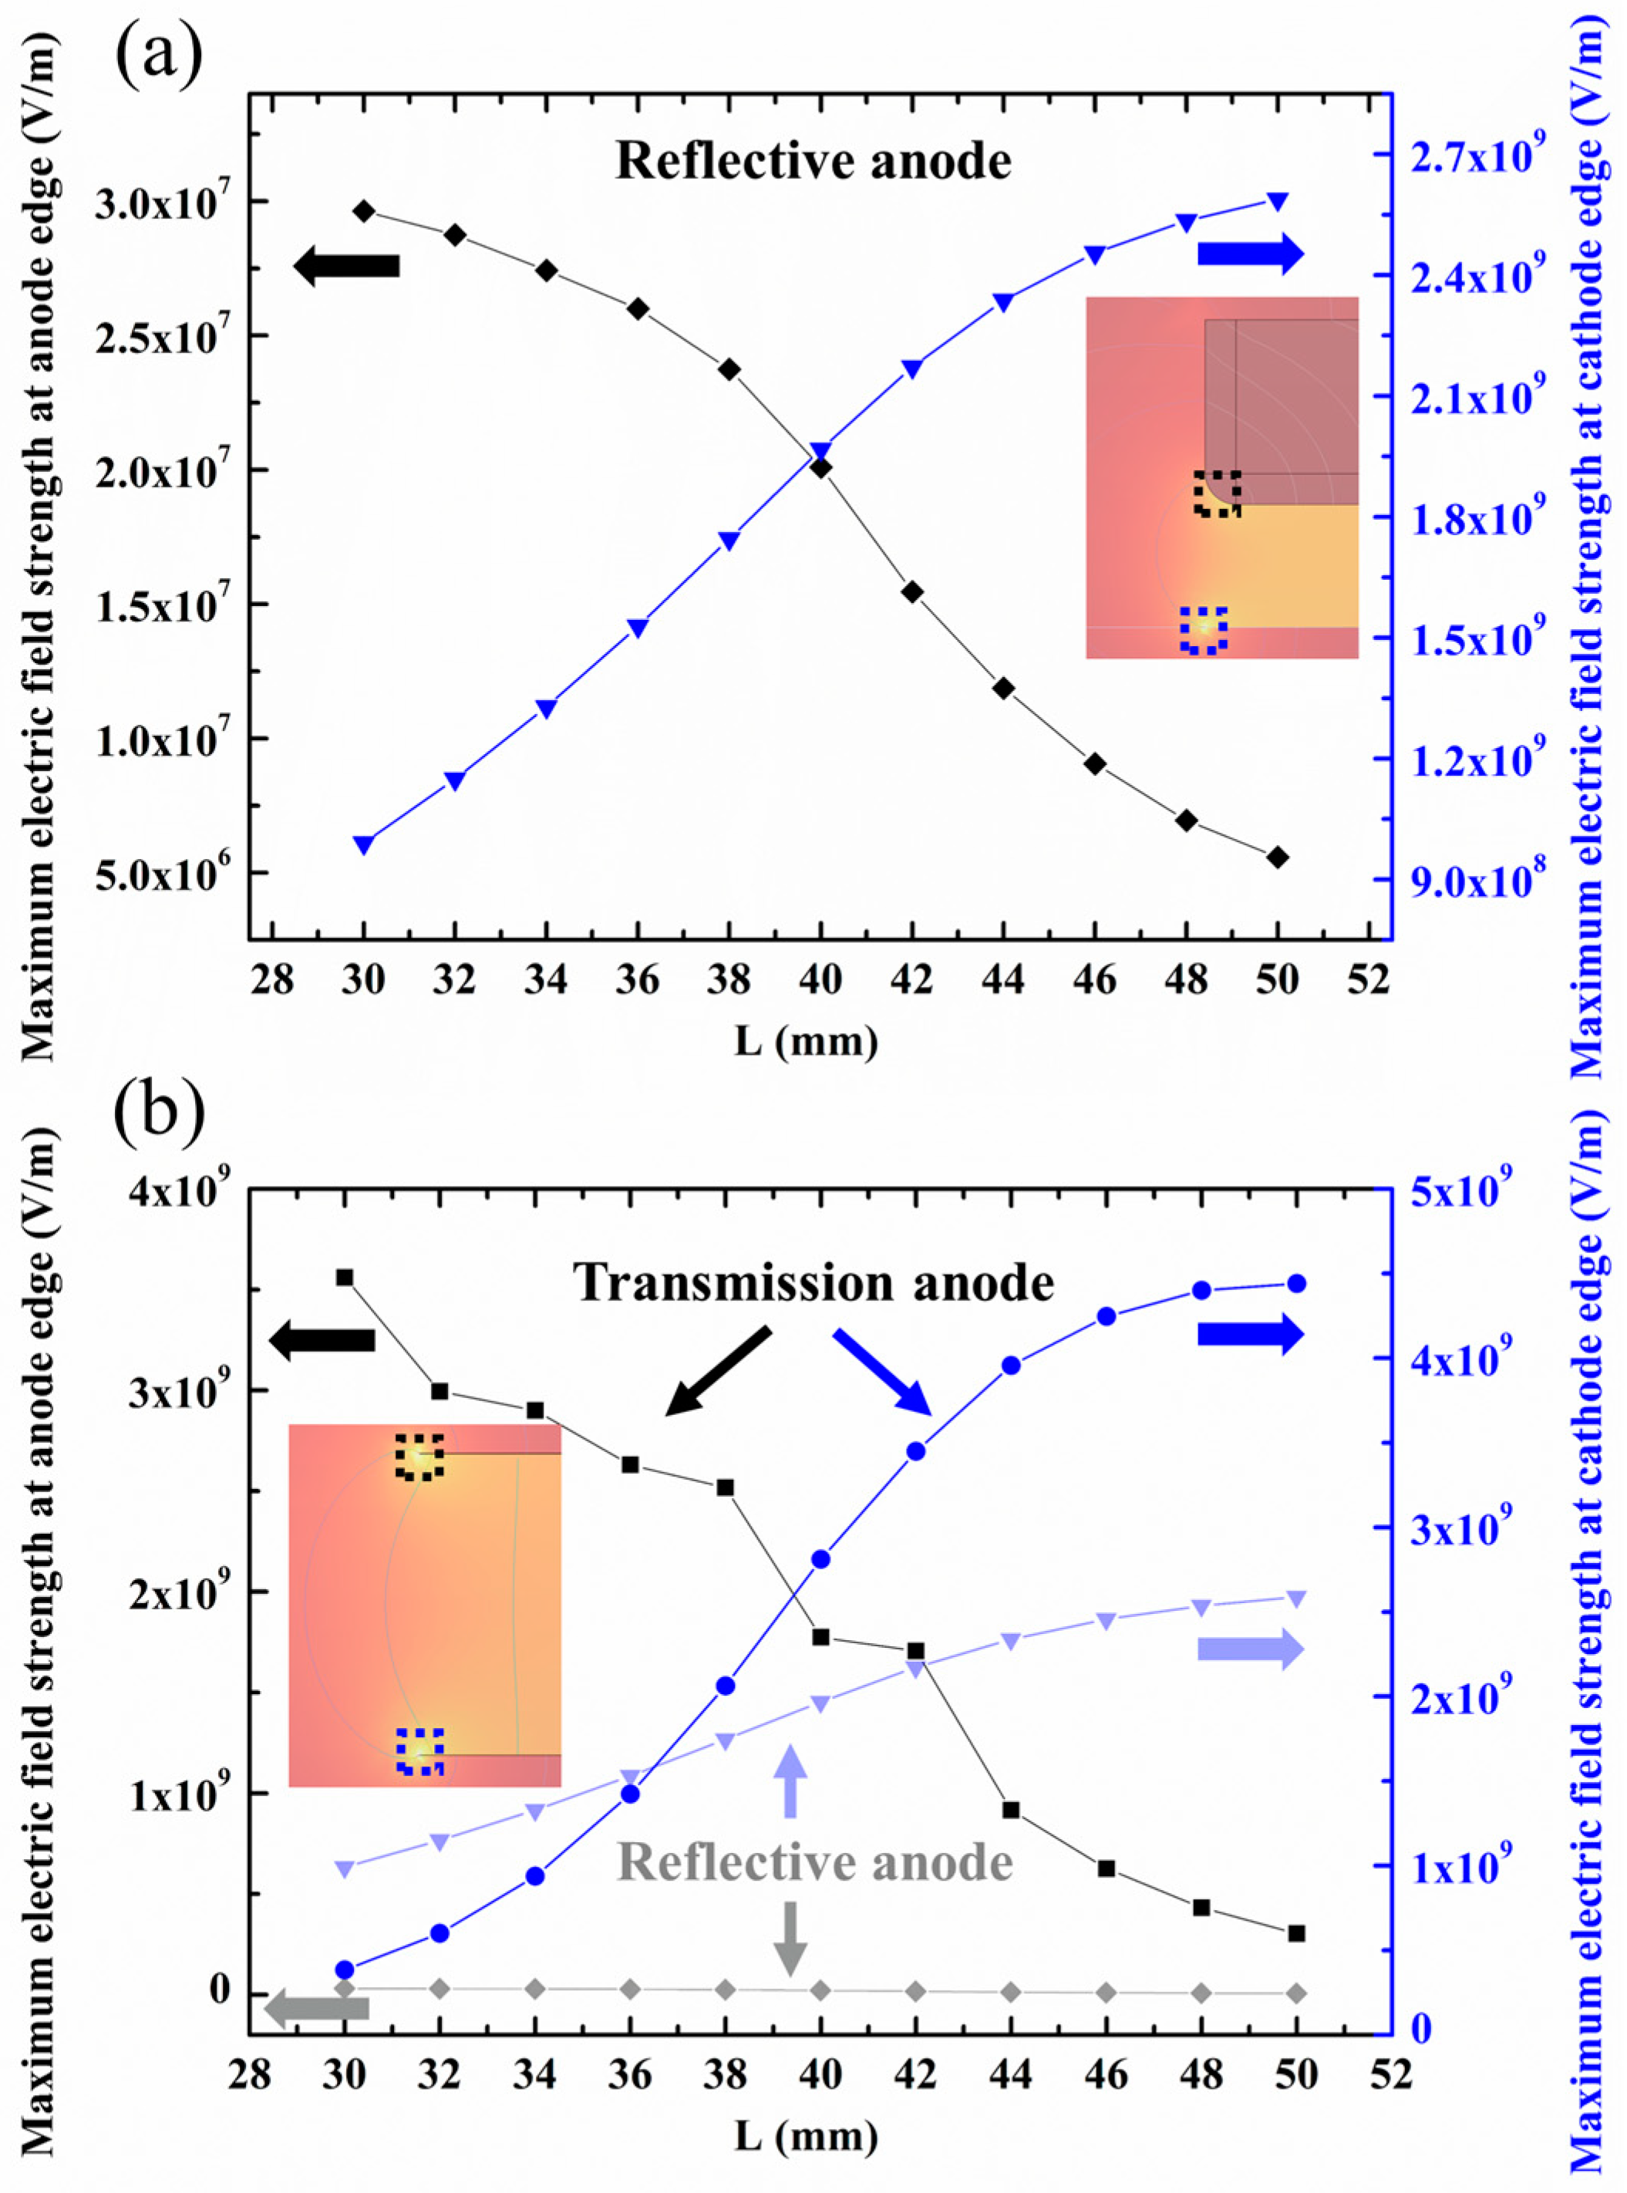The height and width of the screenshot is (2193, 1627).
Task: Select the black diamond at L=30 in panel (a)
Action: click(x=363, y=211)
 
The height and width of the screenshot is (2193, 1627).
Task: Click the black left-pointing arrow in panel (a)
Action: click(x=347, y=266)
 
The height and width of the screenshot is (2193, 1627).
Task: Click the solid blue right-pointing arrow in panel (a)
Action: click(x=1250, y=254)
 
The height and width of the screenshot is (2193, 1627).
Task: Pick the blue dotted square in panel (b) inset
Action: click(x=419, y=1751)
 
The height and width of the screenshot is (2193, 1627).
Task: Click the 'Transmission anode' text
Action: click(x=813, y=1284)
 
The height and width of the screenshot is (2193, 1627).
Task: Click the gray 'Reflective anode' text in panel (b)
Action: click(x=816, y=1863)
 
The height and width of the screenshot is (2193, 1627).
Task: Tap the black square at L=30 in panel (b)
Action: click(x=345, y=1277)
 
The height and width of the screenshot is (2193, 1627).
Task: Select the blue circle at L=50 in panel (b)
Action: click(x=1296, y=1283)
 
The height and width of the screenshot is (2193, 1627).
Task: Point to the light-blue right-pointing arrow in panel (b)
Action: click(x=1250, y=1649)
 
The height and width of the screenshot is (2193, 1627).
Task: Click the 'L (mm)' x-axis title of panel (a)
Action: click(x=806, y=1041)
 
